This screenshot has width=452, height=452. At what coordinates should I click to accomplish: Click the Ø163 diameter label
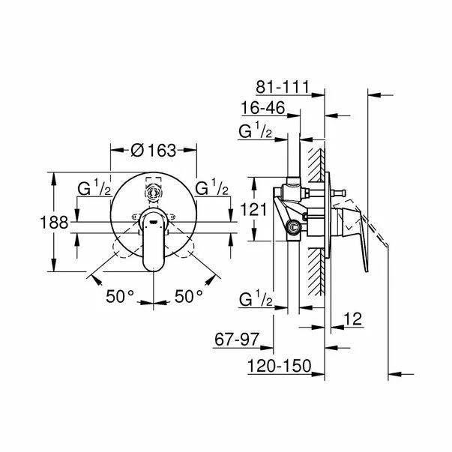[x=153, y=150]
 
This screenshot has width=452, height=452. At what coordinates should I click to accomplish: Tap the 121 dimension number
[x=258, y=211]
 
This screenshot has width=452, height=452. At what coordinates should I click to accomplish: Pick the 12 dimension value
[x=354, y=319]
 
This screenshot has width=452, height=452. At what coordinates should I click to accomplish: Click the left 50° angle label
[x=119, y=296]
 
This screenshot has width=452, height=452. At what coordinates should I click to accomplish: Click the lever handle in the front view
[x=154, y=244]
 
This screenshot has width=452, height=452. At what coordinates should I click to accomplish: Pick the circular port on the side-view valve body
[x=293, y=226]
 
